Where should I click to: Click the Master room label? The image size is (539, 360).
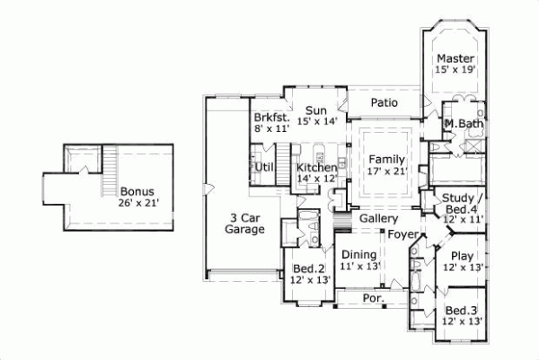pos(455,58)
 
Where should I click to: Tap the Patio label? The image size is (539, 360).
pos(384,103)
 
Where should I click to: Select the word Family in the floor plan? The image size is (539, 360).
pos(387,158)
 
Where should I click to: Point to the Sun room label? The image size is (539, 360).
pos(314,110)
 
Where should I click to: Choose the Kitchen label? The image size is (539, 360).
pos(317,168)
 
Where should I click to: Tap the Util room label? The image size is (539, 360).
pos(264,167)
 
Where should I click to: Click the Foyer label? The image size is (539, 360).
pos(404,235)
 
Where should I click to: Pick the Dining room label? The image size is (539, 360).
pos(359,255)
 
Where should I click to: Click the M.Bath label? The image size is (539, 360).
pos(464,123)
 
